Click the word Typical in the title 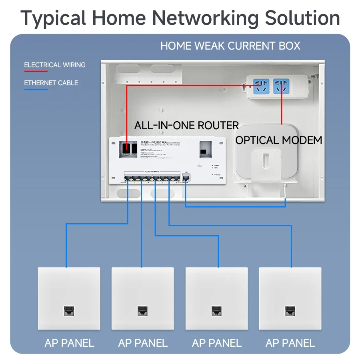click(x=53, y=18)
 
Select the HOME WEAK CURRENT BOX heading click(x=230, y=46)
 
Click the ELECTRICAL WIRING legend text click(x=55, y=65)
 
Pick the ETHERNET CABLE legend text click(x=51, y=83)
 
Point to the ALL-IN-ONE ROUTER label click(x=186, y=125)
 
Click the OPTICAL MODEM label click(x=278, y=140)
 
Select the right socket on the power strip click(x=281, y=85)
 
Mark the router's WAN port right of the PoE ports click(x=186, y=178)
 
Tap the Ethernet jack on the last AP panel click(x=290, y=310)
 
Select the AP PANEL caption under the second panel click(x=143, y=343)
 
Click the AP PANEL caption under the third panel click(x=216, y=343)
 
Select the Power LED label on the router click(x=217, y=165)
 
